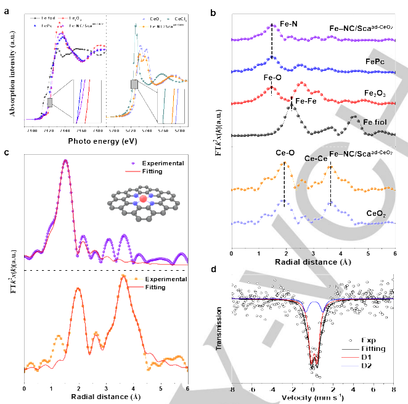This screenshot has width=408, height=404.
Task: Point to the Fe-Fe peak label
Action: coord(307,100)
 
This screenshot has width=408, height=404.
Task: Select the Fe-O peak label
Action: coord(272,78)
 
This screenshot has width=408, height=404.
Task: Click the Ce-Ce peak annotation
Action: coord(316,158)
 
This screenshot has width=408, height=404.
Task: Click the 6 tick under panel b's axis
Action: coord(395,253)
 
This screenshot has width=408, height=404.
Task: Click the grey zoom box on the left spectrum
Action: coord(50,102)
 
